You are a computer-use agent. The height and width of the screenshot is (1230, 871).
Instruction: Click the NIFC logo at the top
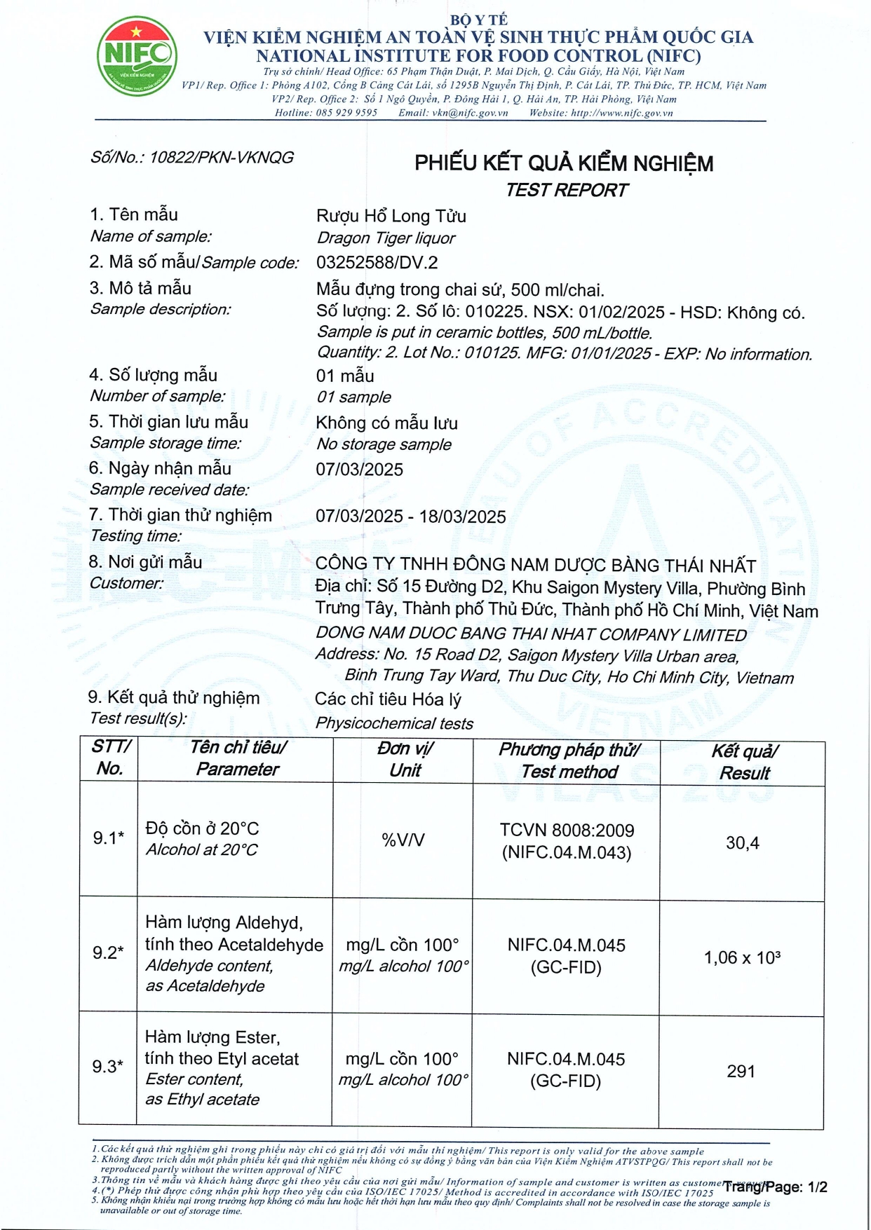pyautogui.click(x=136, y=56)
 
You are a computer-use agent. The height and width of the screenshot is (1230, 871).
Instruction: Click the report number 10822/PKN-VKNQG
pyautogui.click(x=221, y=158)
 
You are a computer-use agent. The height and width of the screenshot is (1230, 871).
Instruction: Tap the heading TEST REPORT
pyautogui.click(x=567, y=190)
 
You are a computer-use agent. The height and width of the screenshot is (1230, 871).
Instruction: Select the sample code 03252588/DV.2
pyautogui.click(x=377, y=263)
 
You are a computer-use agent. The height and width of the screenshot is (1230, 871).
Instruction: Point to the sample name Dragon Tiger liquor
pyautogui.click(x=386, y=238)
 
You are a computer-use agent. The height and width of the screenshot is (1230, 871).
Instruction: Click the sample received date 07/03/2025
pyautogui.click(x=359, y=470)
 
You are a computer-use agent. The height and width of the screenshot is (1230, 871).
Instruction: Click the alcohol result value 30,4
pyautogui.click(x=742, y=842)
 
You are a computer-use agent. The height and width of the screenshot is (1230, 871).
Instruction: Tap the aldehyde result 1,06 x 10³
pyautogui.click(x=742, y=957)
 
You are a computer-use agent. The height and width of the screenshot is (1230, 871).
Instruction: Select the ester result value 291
pyautogui.click(x=741, y=1071)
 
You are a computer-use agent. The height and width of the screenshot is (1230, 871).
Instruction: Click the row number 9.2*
pyautogui.click(x=108, y=952)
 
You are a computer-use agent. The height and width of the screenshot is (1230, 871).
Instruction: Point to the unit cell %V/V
pyautogui.click(x=403, y=840)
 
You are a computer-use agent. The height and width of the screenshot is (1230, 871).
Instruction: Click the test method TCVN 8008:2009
pyautogui.click(x=567, y=831)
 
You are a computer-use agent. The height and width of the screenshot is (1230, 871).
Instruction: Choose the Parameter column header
pyautogui.click(x=238, y=758)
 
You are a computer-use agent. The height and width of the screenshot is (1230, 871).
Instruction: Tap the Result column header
pyautogui.click(x=744, y=762)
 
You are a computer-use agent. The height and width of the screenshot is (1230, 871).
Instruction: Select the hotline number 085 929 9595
pyautogui.click(x=346, y=113)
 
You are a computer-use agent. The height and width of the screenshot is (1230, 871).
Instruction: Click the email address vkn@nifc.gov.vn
pyautogui.click(x=470, y=113)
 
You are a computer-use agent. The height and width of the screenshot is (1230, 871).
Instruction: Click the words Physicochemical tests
pyautogui.click(x=394, y=723)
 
